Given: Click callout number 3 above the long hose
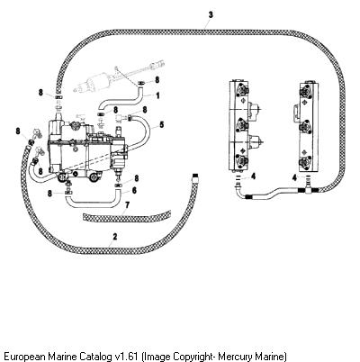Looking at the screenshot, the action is coord(211,14).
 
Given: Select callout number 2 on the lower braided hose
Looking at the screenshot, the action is coord(115,237).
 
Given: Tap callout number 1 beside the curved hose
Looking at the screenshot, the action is coord(157,95).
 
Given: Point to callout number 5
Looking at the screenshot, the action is coord(162,124).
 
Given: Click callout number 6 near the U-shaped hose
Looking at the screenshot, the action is coord(134,190).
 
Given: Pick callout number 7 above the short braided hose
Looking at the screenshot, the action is coord(127,205).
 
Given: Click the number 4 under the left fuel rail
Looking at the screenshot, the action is coord(254,176).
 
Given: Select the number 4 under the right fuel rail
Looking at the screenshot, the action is coord(295,177).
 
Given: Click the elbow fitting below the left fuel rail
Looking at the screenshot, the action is coord(238,189).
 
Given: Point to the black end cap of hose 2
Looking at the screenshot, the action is coord(195,175).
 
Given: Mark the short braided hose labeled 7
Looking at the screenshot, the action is coord(126,215).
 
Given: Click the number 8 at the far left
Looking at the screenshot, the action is coord(18,131).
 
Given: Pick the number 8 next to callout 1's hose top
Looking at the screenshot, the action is coord(157,80).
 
